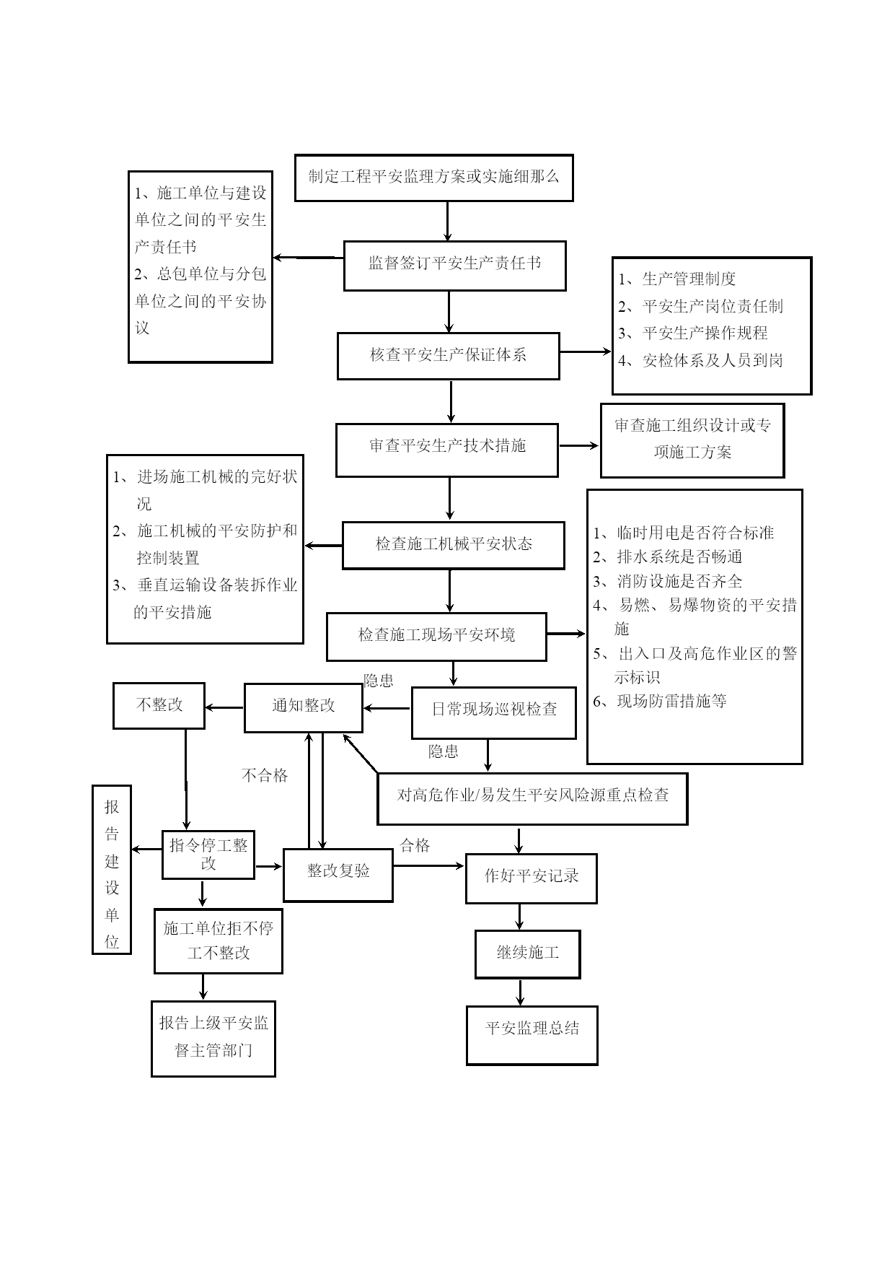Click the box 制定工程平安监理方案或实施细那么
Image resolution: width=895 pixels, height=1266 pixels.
point(433,177)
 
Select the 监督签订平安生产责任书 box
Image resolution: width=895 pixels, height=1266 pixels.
point(454,266)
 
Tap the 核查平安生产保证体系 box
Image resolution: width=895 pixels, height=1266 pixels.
point(448,356)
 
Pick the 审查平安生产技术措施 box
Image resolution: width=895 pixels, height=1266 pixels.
point(447,450)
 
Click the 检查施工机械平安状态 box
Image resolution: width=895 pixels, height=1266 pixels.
point(453,545)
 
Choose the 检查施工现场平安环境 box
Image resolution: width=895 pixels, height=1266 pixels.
point(436,637)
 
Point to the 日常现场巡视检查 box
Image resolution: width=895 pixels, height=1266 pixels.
point(494,712)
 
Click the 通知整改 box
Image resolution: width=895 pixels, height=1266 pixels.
point(304,707)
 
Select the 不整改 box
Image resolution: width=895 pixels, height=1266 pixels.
point(159,705)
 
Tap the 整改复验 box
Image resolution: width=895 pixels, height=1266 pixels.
point(338,875)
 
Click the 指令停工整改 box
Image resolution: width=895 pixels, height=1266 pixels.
point(208,855)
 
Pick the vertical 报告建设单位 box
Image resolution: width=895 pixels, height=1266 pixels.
point(112,870)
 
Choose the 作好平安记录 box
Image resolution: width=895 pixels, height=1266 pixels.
point(532,878)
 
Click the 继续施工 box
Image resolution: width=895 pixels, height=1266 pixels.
point(527,954)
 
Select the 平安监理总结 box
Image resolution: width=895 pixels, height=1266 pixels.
point(532,1034)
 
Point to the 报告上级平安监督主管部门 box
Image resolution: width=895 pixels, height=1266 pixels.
point(213,1039)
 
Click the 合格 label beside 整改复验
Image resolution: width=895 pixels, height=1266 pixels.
point(415,845)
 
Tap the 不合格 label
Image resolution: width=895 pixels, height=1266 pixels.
point(265,775)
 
